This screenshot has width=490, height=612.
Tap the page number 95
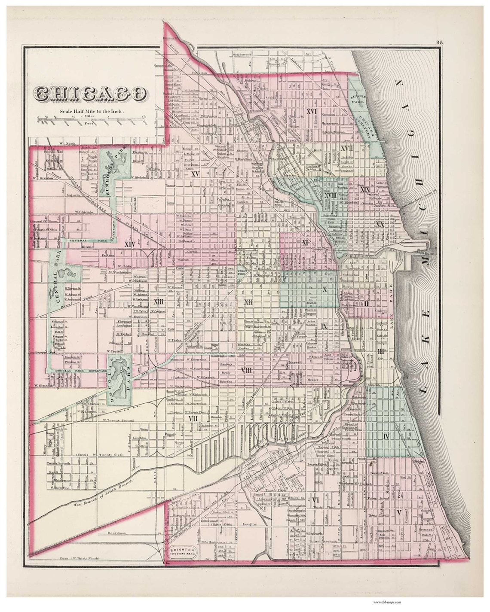[439, 42]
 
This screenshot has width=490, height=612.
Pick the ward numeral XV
[194, 174]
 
